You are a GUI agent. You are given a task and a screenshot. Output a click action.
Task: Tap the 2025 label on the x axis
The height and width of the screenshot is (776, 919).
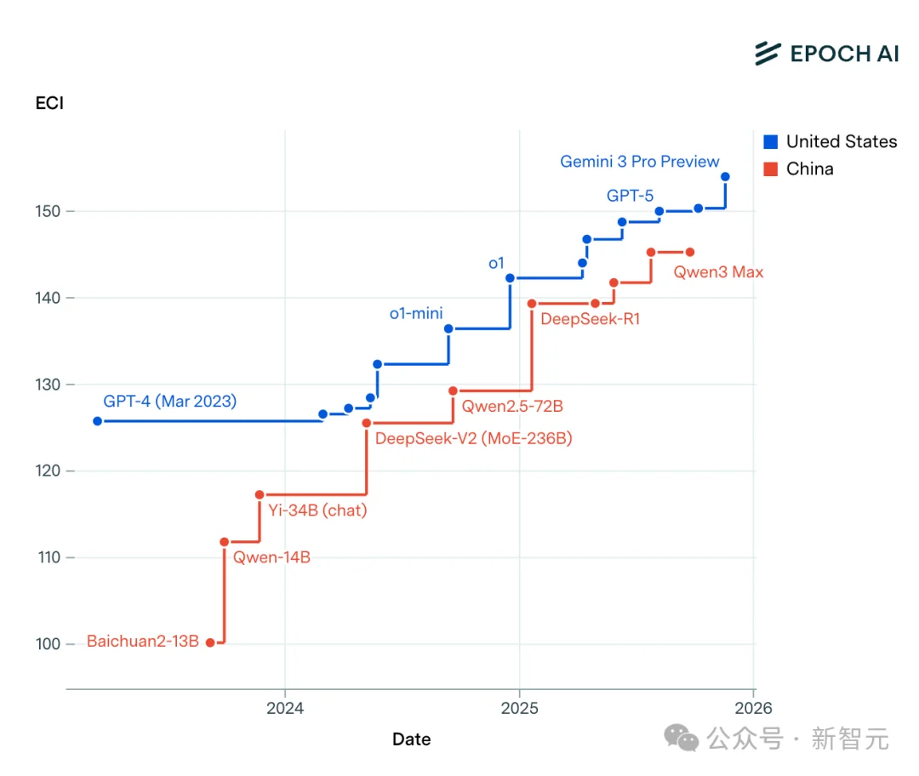(519, 708)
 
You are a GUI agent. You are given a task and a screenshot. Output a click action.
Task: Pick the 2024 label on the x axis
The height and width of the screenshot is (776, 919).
(285, 708)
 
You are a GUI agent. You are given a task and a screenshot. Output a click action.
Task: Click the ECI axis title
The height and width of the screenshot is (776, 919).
(49, 104)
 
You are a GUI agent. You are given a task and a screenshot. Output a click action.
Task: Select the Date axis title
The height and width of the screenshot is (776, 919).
(411, 739)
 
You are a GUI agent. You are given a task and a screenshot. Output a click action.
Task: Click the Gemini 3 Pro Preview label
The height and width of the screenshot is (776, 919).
(639, 162)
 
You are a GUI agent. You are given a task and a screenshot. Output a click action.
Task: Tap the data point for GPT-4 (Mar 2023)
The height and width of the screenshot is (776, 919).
(97, 421)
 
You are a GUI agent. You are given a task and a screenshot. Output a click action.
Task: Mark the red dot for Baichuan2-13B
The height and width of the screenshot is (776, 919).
(210, 642)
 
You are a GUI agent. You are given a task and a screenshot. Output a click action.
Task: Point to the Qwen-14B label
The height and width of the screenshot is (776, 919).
(271, 558)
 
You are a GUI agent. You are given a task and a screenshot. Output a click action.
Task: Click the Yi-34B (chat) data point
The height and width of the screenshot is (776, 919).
(260, 494)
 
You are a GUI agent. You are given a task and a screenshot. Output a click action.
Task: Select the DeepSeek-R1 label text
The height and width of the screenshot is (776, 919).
(590, 320)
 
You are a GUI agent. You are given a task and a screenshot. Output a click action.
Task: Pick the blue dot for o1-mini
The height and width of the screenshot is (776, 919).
(448, 328)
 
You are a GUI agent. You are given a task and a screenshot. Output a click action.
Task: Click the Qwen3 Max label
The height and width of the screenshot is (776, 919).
(718, 272)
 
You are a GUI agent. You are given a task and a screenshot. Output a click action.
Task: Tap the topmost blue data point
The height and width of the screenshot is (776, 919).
(725, 177)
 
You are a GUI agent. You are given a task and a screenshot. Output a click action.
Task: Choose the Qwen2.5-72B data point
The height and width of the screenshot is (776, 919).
(453, 391)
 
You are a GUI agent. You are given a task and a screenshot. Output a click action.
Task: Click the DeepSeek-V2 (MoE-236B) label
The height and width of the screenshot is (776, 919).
(473, 439)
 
